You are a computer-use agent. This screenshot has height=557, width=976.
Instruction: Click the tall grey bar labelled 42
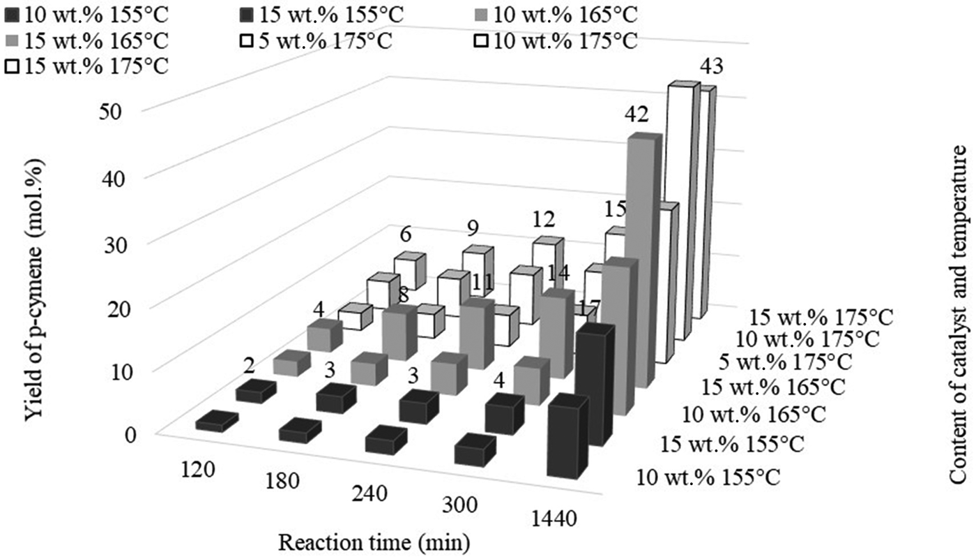click(641, 258)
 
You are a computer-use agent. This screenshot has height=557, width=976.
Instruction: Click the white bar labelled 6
click(409, 272)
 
